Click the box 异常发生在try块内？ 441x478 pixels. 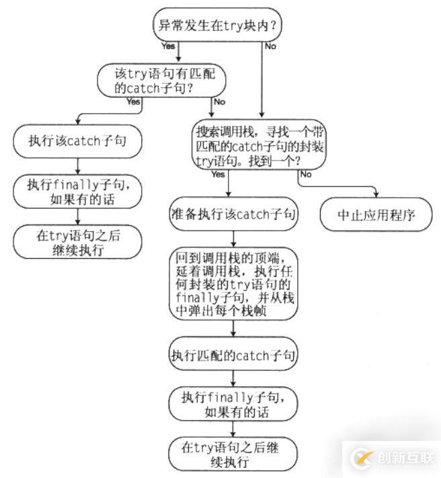(219, 26)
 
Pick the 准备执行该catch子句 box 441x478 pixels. (233, 214)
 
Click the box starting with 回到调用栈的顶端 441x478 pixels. (233, 283)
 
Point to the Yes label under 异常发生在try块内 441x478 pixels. (168, 47)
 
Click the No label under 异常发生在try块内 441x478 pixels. (270, 47)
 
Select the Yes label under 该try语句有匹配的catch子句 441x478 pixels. (133, 102)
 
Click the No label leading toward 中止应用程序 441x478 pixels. (305, 174)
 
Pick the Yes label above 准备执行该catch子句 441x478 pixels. (218, 174)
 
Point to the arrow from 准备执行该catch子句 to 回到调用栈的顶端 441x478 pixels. (233, 238)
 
